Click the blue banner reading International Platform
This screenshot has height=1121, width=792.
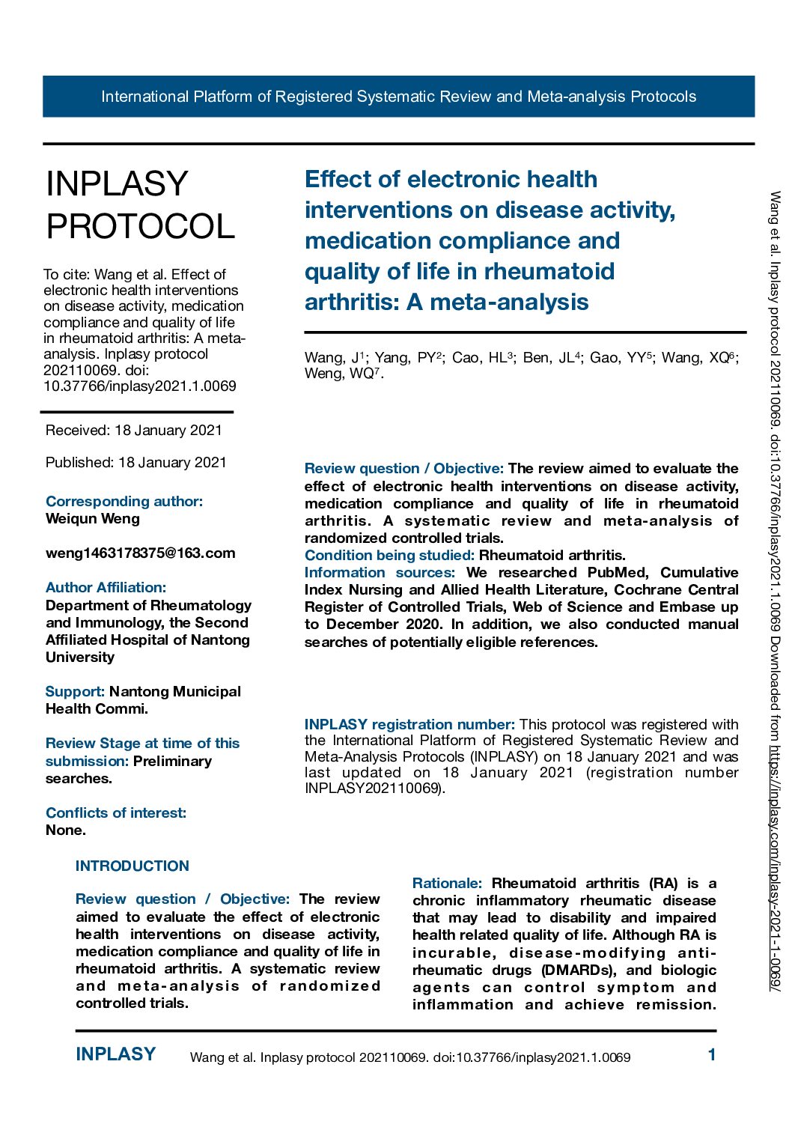[x=398, y=97]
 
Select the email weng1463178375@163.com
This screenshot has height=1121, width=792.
[x=140, y=553]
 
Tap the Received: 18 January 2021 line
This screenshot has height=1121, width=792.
[x=133, y=430]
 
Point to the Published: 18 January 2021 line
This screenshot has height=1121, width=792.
[x=135, y=462]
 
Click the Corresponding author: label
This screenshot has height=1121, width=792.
[x=124, y=502]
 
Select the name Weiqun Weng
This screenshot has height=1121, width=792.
[x=92, y=519]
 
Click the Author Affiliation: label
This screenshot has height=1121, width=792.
[x=106, y=588]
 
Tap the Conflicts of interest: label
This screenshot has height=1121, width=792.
[x=115, y=813]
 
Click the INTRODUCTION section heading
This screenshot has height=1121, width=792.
[x=132, y=866]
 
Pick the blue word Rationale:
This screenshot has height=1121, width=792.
[x=447, y=884]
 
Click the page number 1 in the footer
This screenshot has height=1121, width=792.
[x=712, y=1055]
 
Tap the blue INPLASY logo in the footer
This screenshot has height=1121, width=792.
[x=115, y=1054]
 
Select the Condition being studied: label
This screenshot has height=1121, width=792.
[x=389, y=556]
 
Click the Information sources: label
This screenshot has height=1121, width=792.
[x=380, y=573]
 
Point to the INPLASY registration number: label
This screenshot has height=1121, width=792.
[x=409, y=725]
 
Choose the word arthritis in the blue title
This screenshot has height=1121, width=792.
[x=349, y=303]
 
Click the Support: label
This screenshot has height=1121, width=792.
[x=75, y=692]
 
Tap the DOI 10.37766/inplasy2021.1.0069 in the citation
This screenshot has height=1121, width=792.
[x=140, y=386]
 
